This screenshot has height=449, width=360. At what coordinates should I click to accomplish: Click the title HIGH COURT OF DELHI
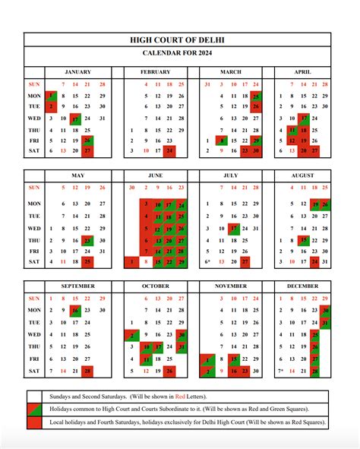click(179, 40)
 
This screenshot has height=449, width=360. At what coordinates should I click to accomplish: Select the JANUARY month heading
click(77, 71)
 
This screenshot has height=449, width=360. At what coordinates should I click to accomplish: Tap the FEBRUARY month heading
click(155, 71)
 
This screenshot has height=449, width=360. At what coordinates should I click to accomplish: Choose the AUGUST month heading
click(302, 176)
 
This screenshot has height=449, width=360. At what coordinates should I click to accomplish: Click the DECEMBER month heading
click(302, 286)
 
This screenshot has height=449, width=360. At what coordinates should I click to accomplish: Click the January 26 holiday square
click(88, 141)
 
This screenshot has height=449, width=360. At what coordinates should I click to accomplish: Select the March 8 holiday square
click(220, 141)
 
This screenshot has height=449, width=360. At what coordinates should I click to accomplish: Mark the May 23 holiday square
click(88, 240)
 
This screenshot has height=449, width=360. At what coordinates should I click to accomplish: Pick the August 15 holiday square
click(302, 240)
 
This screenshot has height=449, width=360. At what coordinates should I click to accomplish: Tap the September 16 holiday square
click(75, 310)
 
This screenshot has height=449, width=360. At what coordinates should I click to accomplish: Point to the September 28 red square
click(88, 370)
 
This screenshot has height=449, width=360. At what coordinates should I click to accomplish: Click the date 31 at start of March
click(207, 84)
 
